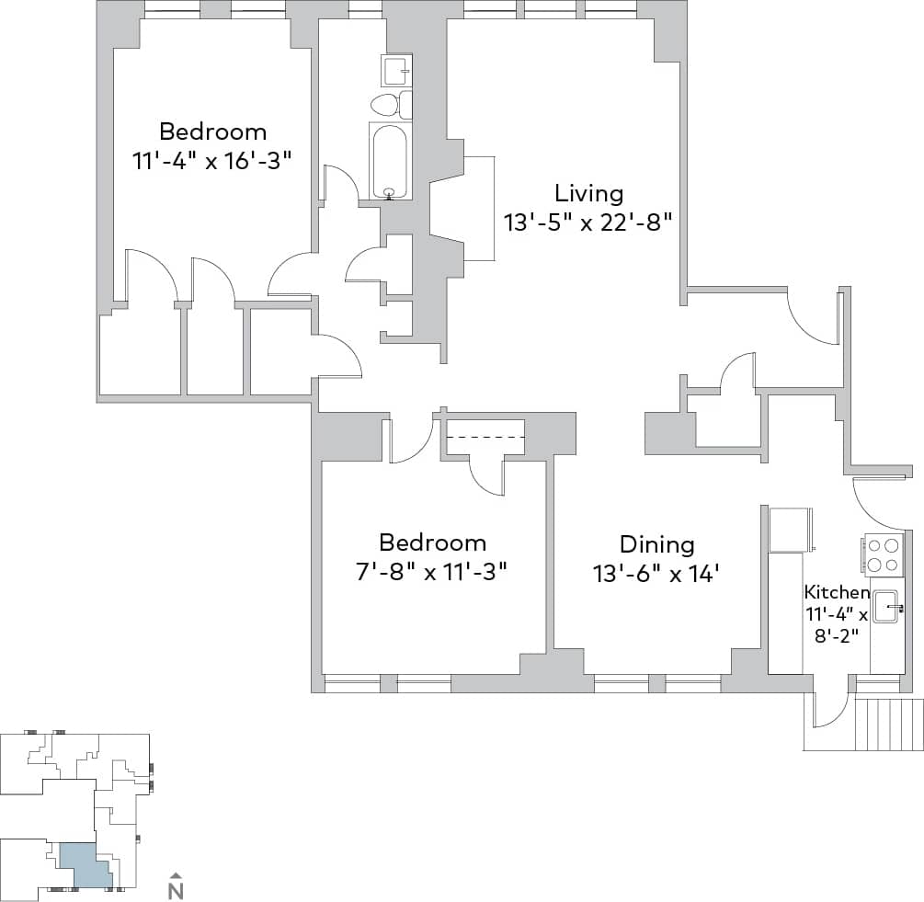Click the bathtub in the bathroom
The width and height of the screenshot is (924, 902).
391,161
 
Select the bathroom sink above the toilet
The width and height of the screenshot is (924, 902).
396,70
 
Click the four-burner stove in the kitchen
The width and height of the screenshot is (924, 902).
884,554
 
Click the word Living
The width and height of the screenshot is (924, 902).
588,193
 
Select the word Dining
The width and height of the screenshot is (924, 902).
656,544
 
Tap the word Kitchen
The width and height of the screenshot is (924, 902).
836,592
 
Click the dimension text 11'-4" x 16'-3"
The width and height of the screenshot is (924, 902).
212,159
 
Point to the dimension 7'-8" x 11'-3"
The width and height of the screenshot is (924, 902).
432,571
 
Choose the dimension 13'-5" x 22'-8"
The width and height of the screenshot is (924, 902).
588,222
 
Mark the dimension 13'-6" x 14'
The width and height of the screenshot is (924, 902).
655,574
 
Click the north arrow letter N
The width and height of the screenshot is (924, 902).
177,890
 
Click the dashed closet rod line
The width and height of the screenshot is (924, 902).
485,438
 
